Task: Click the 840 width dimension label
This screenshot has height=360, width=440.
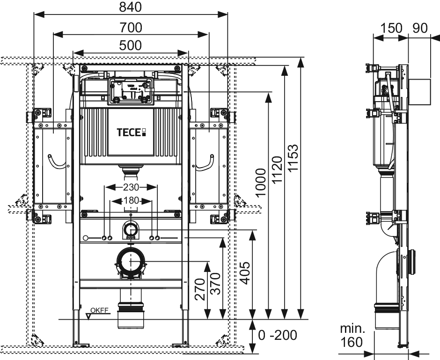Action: pos(130,7)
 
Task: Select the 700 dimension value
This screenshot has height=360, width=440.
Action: pos(131,28)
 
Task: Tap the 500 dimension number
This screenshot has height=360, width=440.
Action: pos(131,45)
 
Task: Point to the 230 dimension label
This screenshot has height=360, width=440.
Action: pos(131,187)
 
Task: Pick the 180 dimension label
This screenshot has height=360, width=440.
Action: pos(132,200)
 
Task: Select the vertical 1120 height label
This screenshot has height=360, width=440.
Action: pos(277,169)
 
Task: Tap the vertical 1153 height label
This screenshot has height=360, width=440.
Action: pos(293,158)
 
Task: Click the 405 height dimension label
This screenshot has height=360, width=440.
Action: pos(244,273)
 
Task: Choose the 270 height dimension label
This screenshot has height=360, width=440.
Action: pos(200,289)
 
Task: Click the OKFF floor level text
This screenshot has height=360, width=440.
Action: pos(100,310)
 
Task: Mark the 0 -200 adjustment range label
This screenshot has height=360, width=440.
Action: pos(277,335)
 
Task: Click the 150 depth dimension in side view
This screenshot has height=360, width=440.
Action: pos(391,28)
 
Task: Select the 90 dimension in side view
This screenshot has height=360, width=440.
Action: pos(420,28)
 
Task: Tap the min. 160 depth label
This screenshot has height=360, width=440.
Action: pos(352,335)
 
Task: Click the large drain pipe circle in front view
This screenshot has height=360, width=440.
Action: pos(131,249)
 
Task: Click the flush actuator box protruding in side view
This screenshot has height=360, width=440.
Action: pos(419,92)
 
